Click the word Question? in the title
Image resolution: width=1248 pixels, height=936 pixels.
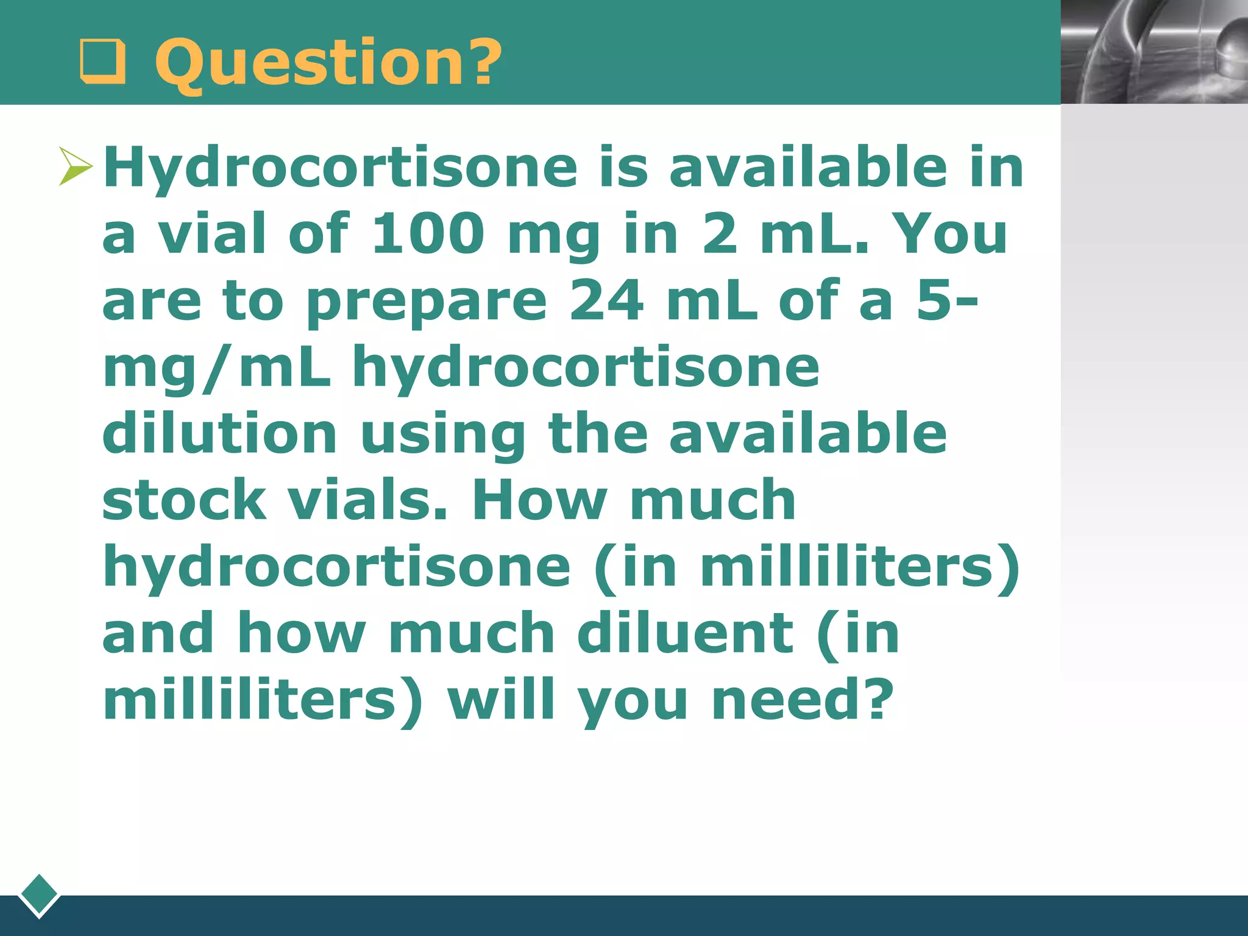pos(328,62)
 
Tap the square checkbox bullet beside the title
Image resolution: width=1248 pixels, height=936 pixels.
pos(102,63)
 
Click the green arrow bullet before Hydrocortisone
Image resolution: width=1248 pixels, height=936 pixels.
pos(76,166)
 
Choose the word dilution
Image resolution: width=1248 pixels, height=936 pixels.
pos(219,433)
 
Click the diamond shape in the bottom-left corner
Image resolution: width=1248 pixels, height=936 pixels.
pos(39,895)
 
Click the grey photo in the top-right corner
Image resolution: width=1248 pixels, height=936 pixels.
pos(1154,52)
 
